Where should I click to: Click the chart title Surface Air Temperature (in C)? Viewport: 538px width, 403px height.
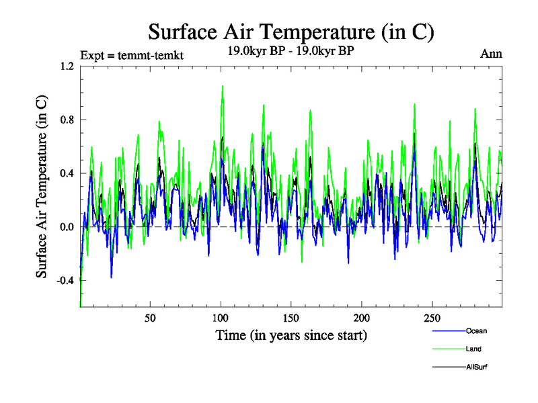point(291,32)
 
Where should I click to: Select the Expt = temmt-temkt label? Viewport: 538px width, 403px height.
point(131,56)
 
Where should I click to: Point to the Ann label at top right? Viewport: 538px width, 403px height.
point(491,54)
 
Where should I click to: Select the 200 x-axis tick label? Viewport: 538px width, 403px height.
point(362,317)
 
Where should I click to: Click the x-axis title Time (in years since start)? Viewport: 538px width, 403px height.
point(291,334)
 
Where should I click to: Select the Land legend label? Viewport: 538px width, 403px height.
point(473,349)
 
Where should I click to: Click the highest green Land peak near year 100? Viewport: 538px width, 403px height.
point(223,86)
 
